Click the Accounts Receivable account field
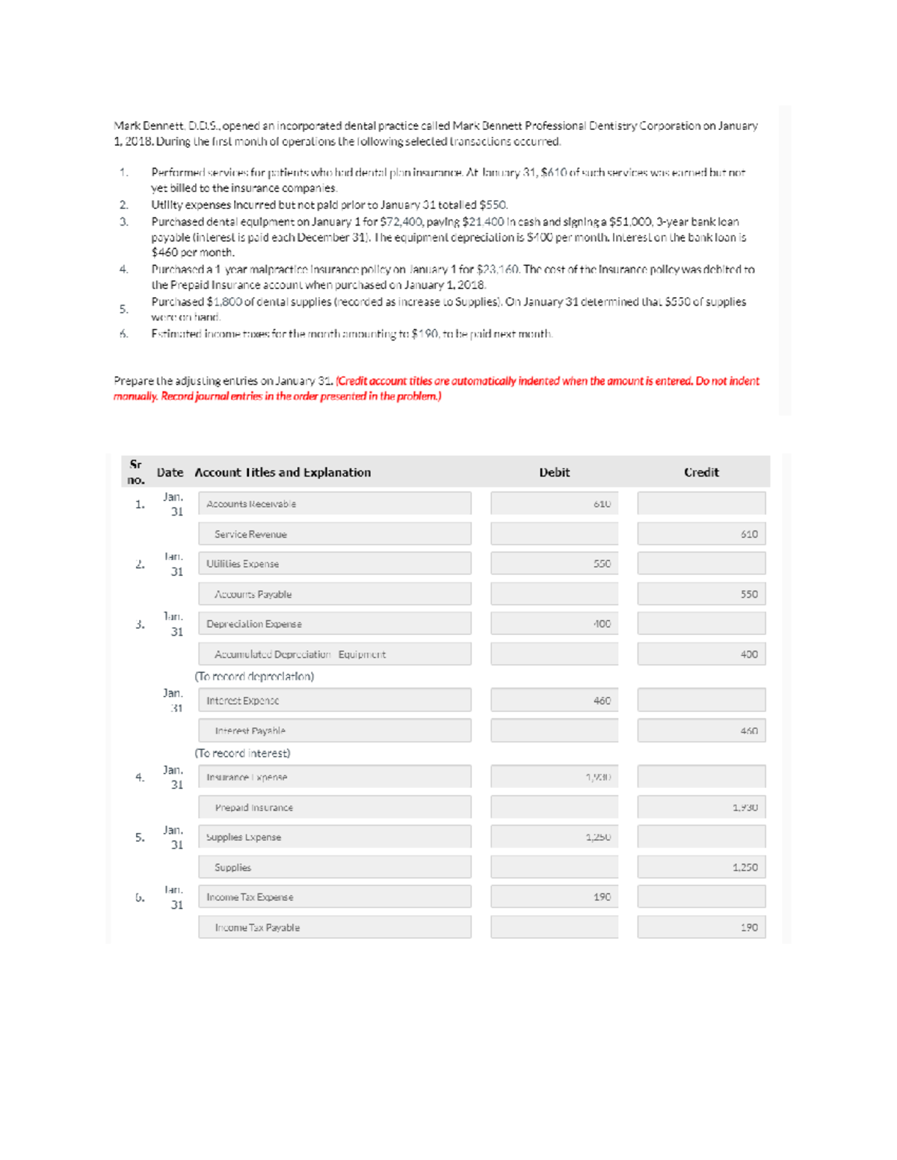point(334,503)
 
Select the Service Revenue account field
point(334,534)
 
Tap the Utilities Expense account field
point(334,564)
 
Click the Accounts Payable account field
point(334,595)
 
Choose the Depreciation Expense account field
point(334,624)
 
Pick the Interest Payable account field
point(334,731)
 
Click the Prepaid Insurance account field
point(334,807)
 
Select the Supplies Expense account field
point(334,837)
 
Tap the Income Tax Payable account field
point(334,928)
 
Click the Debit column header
point(554,473)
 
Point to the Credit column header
point(701,473)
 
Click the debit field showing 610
point(554,503)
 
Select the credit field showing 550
point(701,595)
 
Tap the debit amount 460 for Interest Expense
point(554,701)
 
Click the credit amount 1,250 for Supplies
point(701,867)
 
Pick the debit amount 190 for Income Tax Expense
point(554,897)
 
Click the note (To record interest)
point(242,753)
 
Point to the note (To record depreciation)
point(254,676)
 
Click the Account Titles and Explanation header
point(283,473)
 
